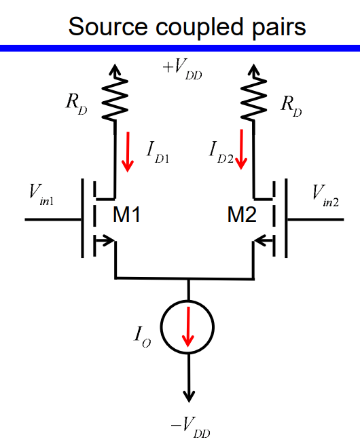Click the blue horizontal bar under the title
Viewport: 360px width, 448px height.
180,48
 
